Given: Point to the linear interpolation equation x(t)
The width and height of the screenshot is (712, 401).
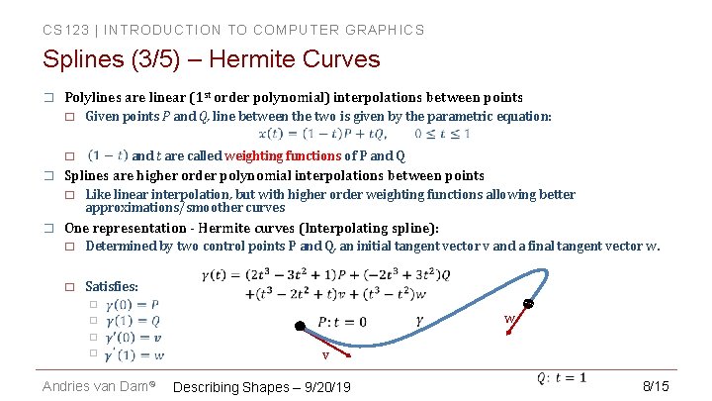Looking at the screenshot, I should click(364, 134).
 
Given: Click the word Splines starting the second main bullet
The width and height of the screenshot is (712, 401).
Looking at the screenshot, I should click(89, 175).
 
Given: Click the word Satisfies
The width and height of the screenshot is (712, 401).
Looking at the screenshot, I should click(112, 286).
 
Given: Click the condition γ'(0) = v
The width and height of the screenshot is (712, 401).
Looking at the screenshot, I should click(133, 338).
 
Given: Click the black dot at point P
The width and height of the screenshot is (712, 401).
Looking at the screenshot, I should click(298, 326).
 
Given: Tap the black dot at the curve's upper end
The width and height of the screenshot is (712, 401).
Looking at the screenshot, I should click(529, 304).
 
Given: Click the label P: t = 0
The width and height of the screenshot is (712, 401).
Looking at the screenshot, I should click(342, 322).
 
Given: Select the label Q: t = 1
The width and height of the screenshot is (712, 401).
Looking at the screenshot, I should click(561, 377).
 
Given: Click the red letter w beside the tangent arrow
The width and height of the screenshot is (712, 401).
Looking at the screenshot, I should click(508, 319).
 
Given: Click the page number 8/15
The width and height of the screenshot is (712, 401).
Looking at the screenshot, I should click(656, 385).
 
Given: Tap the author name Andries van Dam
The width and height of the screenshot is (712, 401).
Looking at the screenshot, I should click(95, 386).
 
